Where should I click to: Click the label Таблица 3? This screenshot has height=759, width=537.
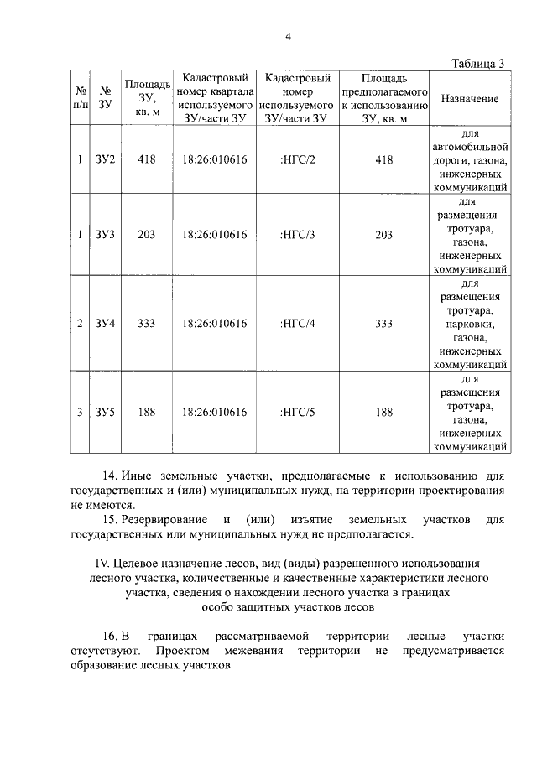coord(478,64)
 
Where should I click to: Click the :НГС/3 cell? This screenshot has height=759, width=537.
coord(297,235)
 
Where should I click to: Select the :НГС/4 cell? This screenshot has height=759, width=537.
coord(297,323)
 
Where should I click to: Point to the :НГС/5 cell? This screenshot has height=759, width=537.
coord(297,412)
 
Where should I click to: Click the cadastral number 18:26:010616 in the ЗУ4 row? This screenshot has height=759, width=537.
coord(214,323)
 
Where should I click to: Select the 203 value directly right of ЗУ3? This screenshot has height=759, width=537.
coord(148,235)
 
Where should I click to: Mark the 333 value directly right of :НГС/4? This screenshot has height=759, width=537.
coord(384,323)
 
